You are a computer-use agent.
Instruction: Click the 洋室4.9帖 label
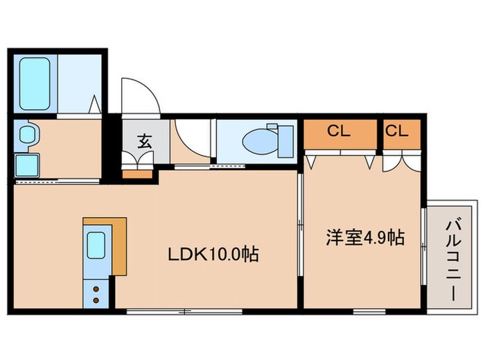[365, 237]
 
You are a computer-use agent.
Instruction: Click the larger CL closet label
[339, 130]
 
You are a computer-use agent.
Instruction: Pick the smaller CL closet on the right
[396, 130]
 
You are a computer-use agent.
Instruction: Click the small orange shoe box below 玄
[137, 173]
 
